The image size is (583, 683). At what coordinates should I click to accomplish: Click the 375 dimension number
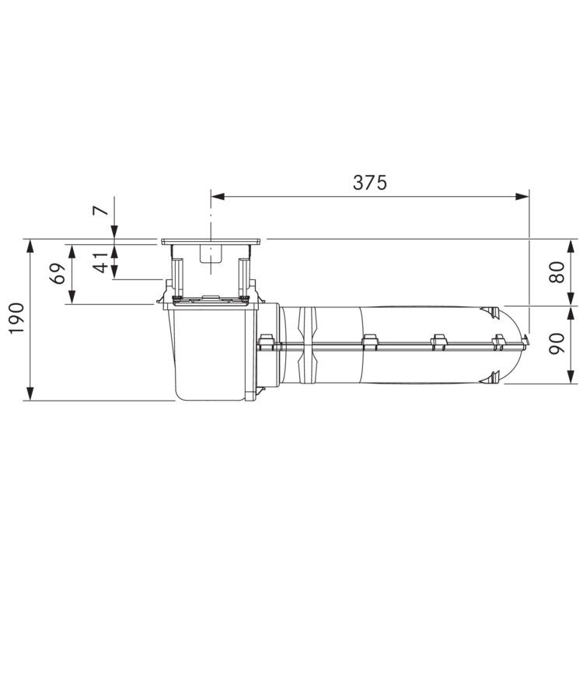click(x=370, y=183)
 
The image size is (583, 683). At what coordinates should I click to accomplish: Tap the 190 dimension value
click(x=17, y=318)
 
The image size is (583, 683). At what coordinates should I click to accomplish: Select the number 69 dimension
click(x=58, y=273)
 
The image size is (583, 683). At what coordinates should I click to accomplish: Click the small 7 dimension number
click(x=101, y=210)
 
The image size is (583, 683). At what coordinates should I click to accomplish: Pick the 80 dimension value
click(x=557, y=273)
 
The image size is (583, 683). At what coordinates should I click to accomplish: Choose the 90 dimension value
click(x=557, y=344)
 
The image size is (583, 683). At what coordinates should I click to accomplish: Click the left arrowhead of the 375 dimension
click(x=218, y=197)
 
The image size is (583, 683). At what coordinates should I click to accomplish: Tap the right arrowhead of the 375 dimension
click(x=522, y=197)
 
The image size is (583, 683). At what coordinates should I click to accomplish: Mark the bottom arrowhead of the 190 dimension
click(x=30, y=394)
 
